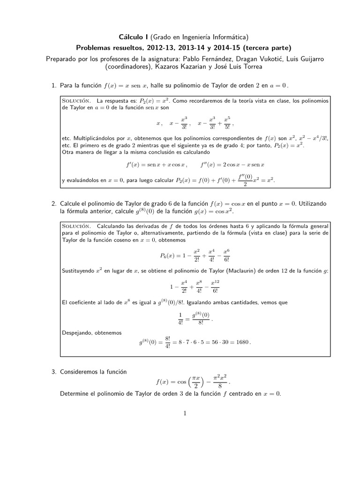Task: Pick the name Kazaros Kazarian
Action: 183,67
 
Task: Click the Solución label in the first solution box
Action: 77,101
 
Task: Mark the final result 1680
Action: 242,342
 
